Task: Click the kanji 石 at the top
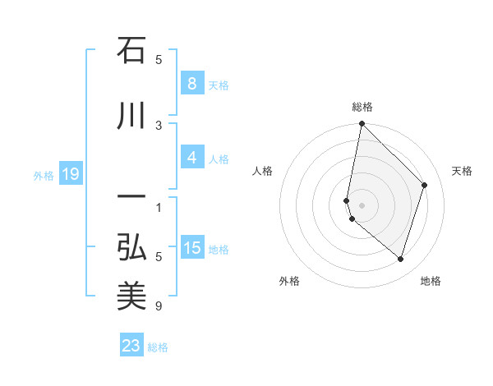click(x=131, y=51)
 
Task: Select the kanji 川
click(x=131, y=117)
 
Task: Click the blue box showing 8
click(x=191, y=84)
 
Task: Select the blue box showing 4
click(x=191, y=158)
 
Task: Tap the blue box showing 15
click(x=191, y=248)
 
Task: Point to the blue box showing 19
click(x=71, y=174)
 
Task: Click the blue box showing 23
click(x=131, y=346)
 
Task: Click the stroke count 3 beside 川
click(x=159, y=125)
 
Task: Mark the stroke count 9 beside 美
click(x=159, y=306)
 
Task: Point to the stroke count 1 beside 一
click(x=159, y=206)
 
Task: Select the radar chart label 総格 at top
click(x=362, y=107)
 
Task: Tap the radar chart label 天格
click(x=463, y=171)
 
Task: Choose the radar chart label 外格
click(x=289, y=281)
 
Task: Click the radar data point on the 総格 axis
click(x=362, y=124)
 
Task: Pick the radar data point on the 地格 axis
click(x=400, y=260)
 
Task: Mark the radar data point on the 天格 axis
click(x=425, y=185)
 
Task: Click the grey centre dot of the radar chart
click(x=362, y=205)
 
